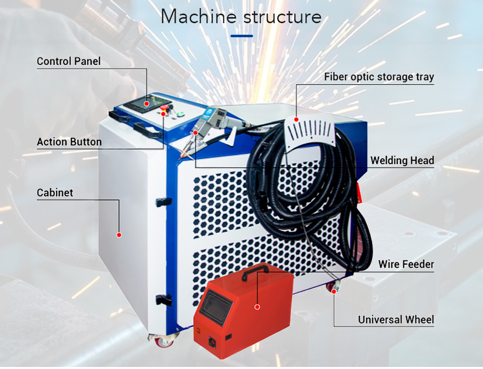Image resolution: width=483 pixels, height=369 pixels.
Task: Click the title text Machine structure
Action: point(241,17)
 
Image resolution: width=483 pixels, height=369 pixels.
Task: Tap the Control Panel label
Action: point(69,61)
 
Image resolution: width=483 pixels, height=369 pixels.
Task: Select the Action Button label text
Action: point(69,142)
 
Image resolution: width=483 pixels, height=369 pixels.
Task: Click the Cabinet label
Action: point(55,193)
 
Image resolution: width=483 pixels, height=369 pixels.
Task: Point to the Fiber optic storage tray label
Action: point(379,77)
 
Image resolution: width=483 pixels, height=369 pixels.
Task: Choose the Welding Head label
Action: point(402,161)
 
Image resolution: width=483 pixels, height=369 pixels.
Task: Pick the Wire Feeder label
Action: point(406,264)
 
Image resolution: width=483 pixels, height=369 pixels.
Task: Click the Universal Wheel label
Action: point(396,320)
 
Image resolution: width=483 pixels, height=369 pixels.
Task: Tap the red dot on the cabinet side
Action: point(119,234)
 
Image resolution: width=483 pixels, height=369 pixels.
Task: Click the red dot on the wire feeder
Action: point(257,306)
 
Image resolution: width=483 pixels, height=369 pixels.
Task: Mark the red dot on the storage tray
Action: point(296,120)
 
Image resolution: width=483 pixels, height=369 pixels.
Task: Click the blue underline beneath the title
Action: point(242,36)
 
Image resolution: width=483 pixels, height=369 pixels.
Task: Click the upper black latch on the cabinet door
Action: point(161,202)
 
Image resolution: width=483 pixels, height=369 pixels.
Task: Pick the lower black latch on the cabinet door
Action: point(161,299)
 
